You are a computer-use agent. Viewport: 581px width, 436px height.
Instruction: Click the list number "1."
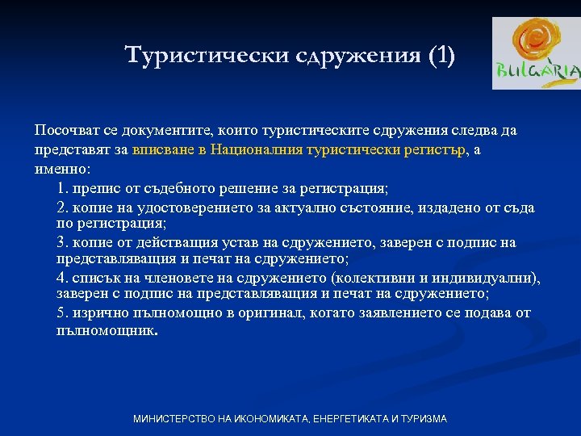[x=63, y=188]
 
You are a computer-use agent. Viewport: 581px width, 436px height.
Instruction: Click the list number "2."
[x=63, y=208]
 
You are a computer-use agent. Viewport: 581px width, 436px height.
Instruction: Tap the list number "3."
[x=63, y=243]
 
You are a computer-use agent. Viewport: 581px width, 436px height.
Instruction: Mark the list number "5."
[x=63, y=313]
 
